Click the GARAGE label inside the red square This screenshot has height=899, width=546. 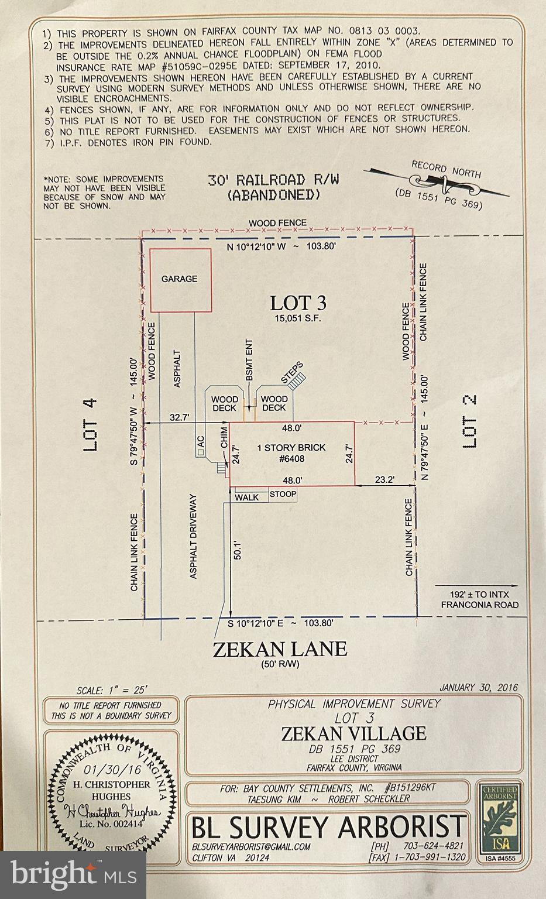[x=180, y=279]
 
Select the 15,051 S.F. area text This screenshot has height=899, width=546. [x=297, y=319]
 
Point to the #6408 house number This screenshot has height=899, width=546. [x=291, y=459]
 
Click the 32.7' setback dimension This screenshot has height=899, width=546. [x=179, y=417]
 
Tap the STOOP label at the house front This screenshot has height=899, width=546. [x=283, y=495]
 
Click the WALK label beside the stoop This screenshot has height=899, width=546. [x=246, y=497]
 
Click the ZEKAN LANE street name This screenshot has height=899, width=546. [x=280, y=648]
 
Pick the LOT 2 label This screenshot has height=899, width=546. [x=470, y=423]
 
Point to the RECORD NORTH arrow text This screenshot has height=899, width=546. [x=446, y=170]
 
